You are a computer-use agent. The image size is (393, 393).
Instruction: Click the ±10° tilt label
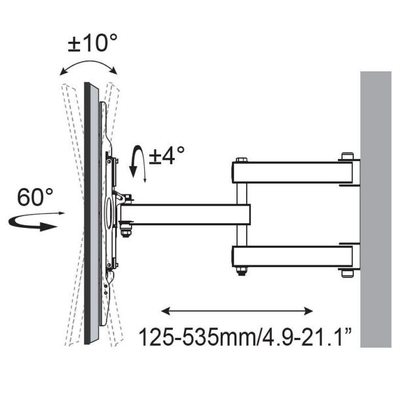click(x=92, y=43)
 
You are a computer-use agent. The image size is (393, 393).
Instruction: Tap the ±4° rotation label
click(x=166, y=155)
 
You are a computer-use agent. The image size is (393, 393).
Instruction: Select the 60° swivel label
click(x=35, y=197)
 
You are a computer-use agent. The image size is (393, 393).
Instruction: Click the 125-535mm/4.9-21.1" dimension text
click(x=245, y=337)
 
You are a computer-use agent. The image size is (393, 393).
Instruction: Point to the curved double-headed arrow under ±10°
click(x=88, y=62)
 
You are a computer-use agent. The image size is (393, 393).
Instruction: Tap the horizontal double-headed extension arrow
click(x=237, y=311)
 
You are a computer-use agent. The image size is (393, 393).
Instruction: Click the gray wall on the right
click(x=376, y=210)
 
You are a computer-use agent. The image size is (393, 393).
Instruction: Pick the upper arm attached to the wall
click(x=293, y=172)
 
